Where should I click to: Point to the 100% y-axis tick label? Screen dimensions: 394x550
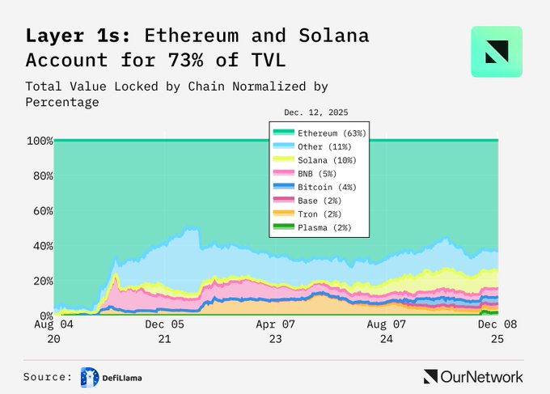38,141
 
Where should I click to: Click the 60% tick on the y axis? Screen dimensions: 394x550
40,211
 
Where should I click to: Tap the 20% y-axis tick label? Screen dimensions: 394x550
40,281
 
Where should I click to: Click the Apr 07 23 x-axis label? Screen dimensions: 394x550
275,331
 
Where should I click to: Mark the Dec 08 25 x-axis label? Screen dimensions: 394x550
497,331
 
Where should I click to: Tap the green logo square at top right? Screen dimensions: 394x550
497,52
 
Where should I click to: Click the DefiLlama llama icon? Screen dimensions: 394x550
89,376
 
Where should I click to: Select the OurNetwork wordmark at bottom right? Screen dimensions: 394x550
473,376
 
